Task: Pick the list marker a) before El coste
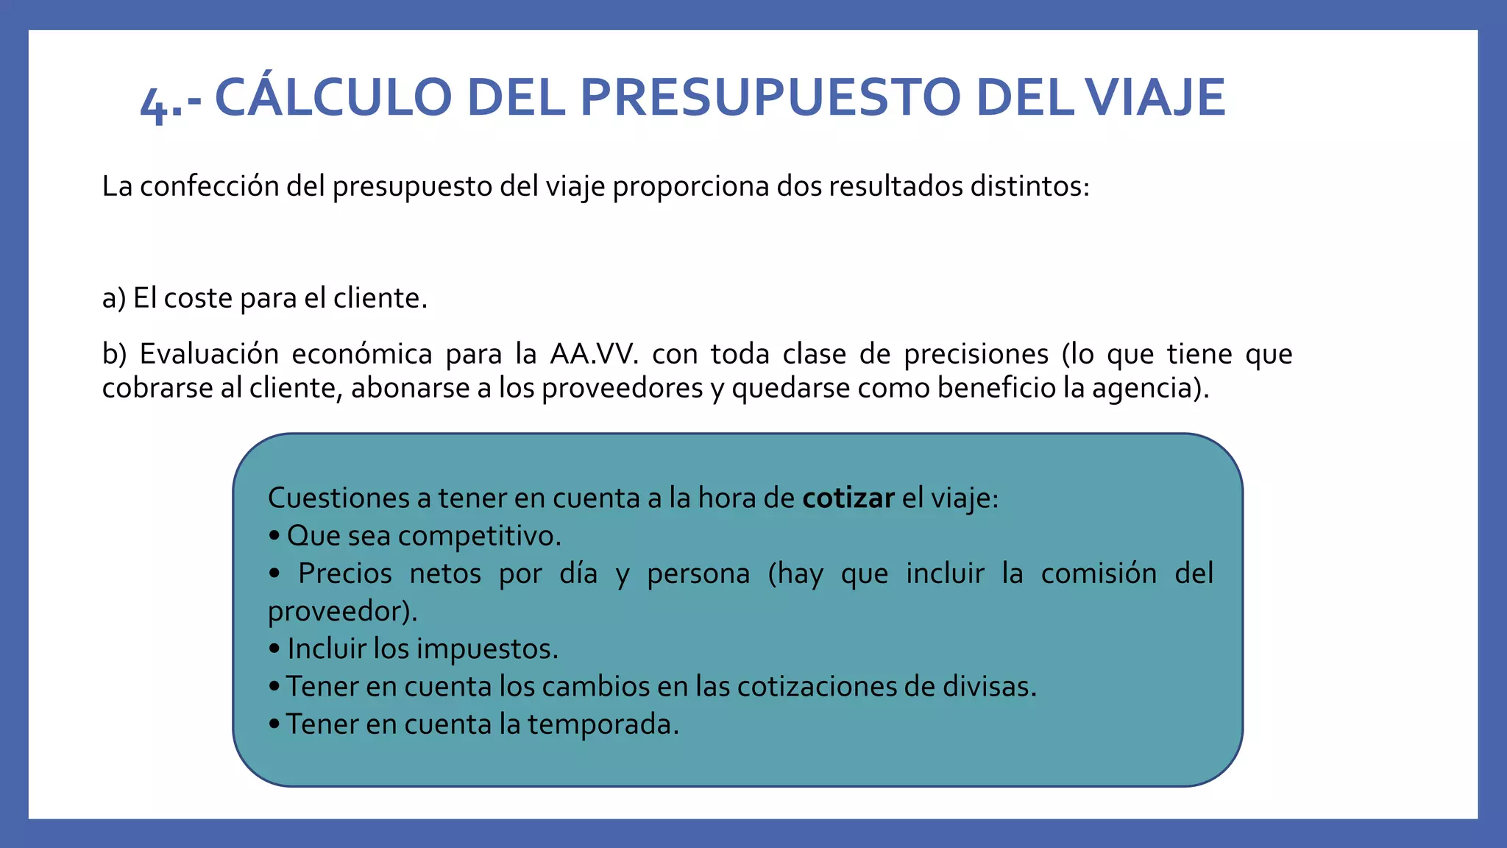[x=114, y=299]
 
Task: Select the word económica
[x=362, y=354]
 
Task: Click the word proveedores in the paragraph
[x=622, y=389]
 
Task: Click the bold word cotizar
[x=848, y=498]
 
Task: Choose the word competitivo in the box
[x=480, y=537]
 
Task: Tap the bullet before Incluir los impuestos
[x=274, y=649]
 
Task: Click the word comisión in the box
[x=1099, y=573]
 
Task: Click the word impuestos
[x=489, y=649]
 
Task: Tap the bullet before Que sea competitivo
[x=274, y=537]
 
